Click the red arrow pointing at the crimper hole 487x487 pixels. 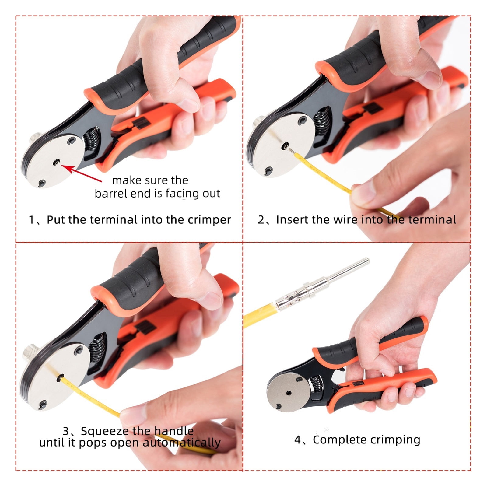[82, 173]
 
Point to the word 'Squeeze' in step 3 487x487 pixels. [104, 431]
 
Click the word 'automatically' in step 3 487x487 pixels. [182, 443]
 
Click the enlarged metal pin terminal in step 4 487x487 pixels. [323, 283]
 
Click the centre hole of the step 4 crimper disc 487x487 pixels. [289, 393]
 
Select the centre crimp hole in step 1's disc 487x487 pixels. [56, 163]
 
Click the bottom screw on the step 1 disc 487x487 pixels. [42, 184]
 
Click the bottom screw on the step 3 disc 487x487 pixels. [43, 405]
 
